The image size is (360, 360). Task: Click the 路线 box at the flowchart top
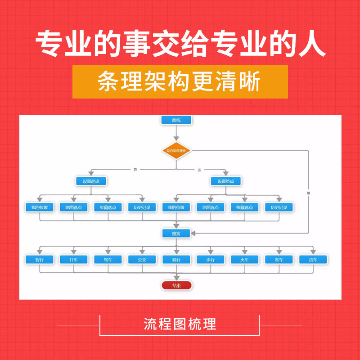point(176,120)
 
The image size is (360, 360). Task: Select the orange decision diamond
point(176,151)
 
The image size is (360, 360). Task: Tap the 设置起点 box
point(90,181)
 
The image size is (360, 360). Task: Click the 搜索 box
point(176,233)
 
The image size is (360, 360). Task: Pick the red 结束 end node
point(176,285)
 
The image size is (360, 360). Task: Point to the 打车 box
point(74,260)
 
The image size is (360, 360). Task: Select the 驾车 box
point(108,260)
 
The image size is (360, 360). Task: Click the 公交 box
point(142,260)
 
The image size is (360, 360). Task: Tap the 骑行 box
point(176,260)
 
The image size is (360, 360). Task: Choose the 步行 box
point(211,260)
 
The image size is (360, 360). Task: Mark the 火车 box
point(245,260)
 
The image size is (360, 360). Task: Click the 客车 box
point(279,260)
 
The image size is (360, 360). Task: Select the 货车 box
point(313,260)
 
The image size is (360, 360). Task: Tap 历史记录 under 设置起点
point(142,207)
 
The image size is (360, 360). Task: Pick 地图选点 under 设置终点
point(211,207)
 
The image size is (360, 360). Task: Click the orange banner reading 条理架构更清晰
point(180,82)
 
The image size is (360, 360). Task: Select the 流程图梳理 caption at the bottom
point(180,324)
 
